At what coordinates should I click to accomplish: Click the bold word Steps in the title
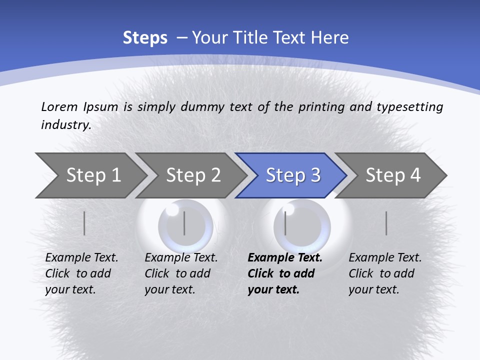click(145, 38)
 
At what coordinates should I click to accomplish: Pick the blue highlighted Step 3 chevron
click(292, 175)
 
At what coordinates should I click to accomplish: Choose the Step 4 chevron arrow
click(392, 175)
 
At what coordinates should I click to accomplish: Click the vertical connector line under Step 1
click(84, 223)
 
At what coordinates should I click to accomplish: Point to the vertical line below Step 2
click(184, 223)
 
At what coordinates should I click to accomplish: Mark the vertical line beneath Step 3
click(285, 223)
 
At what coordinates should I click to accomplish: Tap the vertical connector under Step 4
click(386, 223)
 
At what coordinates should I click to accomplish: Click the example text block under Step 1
click(81, 273)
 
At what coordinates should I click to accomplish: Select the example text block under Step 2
click(181, 273)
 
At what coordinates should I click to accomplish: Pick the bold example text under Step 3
click(285, 273)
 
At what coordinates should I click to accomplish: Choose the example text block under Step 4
click(385, 273)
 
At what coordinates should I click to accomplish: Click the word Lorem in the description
click(59, 106)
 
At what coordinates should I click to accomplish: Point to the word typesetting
click(409, 106)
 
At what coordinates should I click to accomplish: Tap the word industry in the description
click(66, 125)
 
